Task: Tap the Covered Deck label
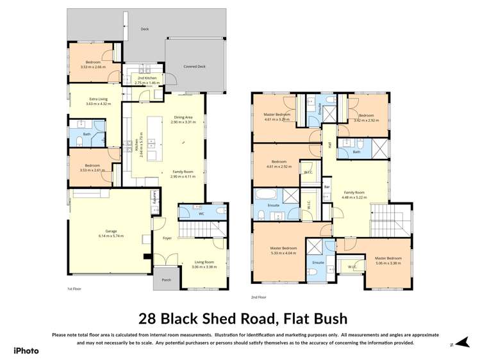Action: point(194,66)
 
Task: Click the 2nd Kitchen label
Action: point(147,78)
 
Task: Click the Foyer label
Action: point(167,238)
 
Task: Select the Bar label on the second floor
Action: point(326,186)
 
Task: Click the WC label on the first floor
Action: point(201,214)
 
